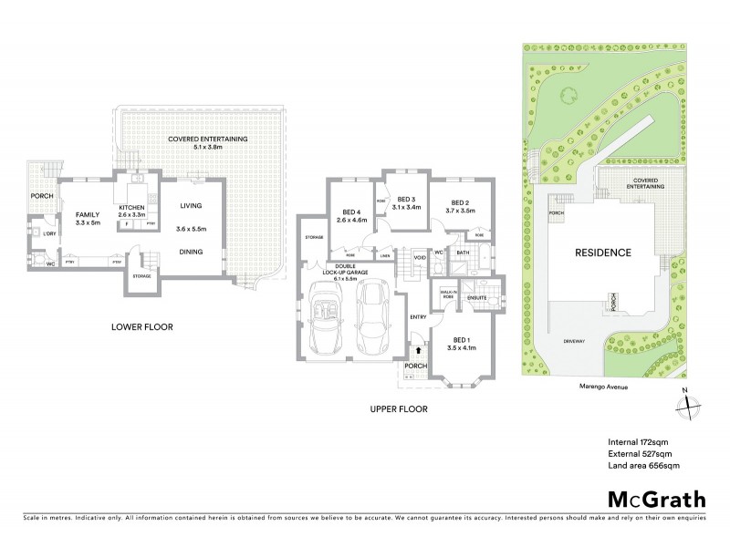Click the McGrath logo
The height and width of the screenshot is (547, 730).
656,499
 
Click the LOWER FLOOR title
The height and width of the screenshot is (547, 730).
141,326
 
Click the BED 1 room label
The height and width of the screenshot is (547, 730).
463,338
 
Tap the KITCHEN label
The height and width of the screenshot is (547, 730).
133,208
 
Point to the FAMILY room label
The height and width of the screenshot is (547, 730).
88,214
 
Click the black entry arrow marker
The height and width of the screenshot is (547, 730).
418,347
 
